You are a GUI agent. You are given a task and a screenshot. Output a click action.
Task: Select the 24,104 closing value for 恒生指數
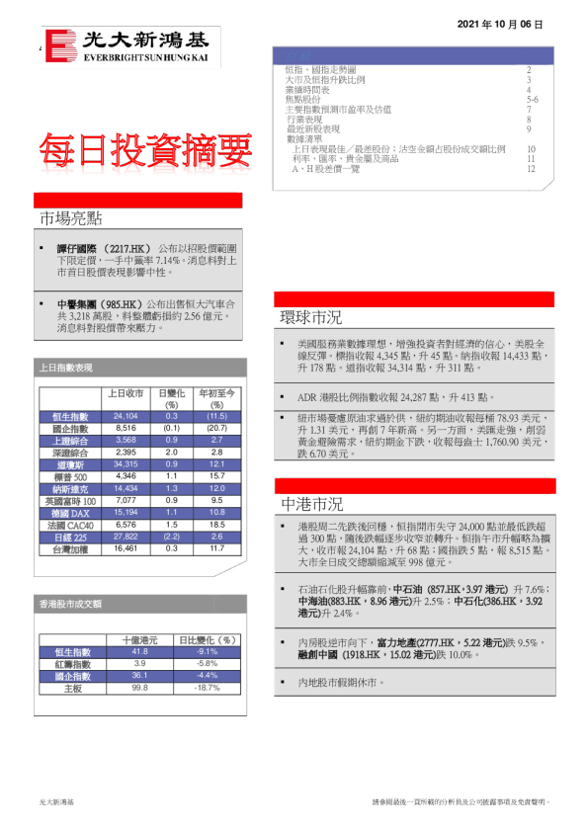pos(126,417)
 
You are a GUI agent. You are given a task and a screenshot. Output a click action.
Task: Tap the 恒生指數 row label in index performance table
pos(70,417)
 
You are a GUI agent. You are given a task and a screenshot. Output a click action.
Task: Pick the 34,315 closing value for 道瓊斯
pos(126,464)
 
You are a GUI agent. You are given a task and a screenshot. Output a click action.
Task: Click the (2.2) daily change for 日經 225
pos(170,537)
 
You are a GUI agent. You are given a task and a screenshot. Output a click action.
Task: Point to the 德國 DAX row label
pos(70,513)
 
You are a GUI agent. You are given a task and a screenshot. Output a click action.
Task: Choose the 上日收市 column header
pos(126,392)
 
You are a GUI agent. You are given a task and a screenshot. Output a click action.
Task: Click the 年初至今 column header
pos(215,392)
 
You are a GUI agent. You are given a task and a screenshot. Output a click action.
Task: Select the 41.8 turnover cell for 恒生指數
pos(139,652)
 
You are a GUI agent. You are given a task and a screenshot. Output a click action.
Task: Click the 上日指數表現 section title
pos(66,368)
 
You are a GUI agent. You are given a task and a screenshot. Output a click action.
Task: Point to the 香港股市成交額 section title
pos(70,603)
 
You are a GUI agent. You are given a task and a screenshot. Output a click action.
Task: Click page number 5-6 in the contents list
pos(532,100)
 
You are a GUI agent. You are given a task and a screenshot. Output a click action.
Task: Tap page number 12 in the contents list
pos(531,169)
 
